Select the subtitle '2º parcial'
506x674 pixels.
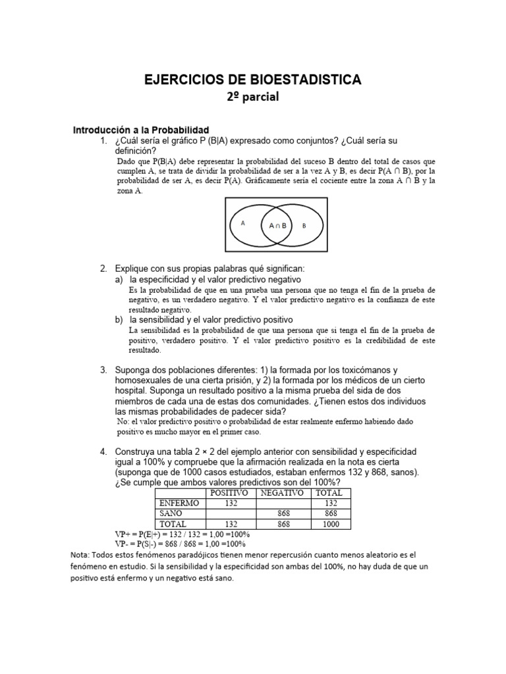pos(253,97)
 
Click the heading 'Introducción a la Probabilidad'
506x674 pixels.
pos(140,130)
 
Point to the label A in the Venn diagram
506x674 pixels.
pos(243,223)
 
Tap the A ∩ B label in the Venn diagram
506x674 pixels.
pos(277,225)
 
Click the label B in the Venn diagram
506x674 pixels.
pos(304,225)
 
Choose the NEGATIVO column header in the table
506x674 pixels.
pos(281,492)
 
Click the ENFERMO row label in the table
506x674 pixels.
pos(179,502)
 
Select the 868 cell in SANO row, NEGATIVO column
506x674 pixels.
pos(281,513)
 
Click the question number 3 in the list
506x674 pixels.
pos(103,370)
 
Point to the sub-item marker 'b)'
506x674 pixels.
pos(119,319)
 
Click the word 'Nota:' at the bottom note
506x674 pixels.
pos(82,555)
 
